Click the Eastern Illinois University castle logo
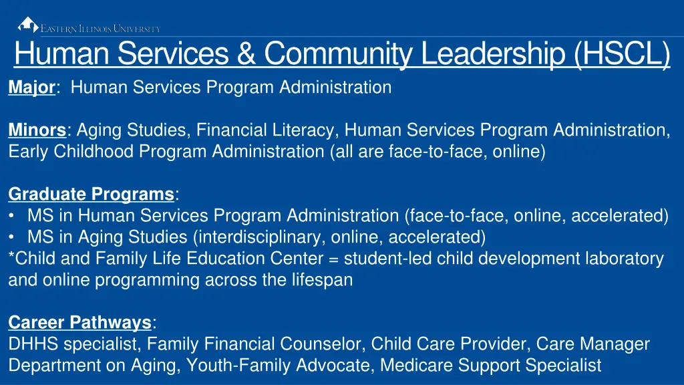27,25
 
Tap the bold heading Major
32,87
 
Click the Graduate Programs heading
91,194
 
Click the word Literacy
305,130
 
